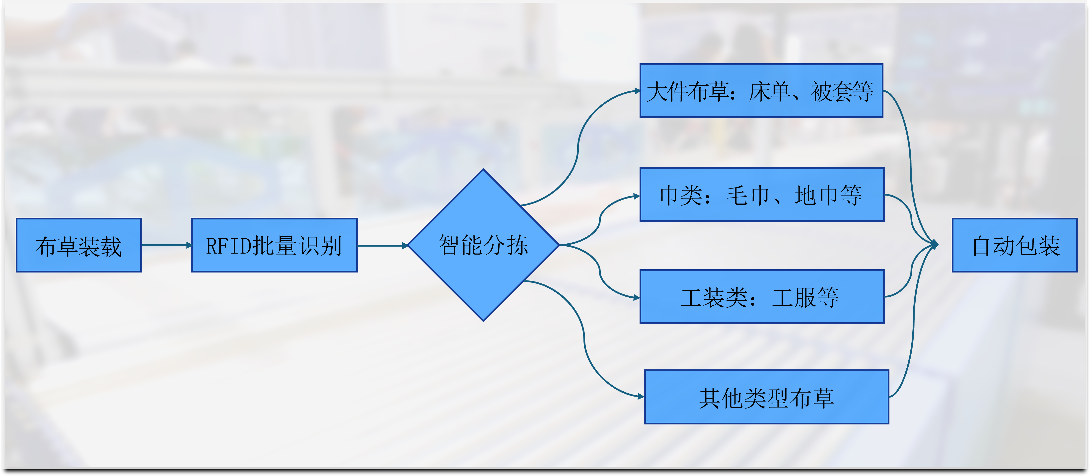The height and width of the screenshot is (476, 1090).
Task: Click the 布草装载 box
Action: click(x=79, y=245)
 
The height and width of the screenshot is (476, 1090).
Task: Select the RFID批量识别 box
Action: click(x=274, y=245)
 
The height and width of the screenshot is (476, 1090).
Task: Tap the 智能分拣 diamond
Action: click(x=483, y=245)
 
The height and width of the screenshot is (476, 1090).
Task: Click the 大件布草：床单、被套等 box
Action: click(x=761, y=91)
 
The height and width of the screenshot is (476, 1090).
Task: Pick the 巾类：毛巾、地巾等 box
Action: click(x=762, y=195)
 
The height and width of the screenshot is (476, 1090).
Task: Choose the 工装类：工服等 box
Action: click(x=762, y=297)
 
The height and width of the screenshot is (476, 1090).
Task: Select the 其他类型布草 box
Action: click(x=766, y=397)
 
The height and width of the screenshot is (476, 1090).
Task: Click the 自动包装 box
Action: click(x=1015, y=245)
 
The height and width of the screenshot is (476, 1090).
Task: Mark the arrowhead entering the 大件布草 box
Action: click(x=637, y=91)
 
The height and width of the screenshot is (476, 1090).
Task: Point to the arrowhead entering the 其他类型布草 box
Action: click(x=641, y=397)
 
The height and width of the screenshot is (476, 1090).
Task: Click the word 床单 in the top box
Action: click(x=770, y=91)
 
